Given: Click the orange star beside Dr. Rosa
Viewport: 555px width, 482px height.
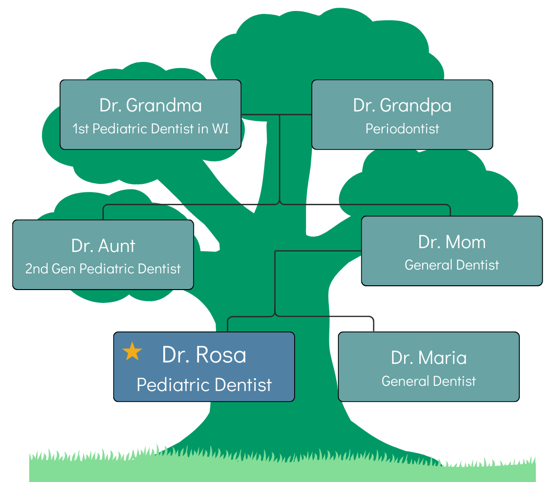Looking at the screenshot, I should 132,351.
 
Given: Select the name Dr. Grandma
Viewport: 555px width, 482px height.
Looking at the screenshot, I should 150,105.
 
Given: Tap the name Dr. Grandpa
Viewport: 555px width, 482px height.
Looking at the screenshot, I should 402,105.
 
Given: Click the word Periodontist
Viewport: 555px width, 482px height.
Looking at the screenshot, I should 402,129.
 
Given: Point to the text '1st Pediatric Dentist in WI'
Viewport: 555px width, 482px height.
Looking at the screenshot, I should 150,129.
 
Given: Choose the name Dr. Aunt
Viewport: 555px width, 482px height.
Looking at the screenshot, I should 103,246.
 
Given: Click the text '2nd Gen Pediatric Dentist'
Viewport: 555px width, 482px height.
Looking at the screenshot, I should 103,269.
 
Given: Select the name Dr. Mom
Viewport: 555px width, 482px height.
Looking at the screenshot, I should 452,242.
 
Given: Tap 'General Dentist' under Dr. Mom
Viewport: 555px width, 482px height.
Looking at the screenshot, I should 452,265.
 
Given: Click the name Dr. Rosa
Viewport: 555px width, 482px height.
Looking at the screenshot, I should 204,355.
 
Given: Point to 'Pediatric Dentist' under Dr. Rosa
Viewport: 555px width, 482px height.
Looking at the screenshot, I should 204,385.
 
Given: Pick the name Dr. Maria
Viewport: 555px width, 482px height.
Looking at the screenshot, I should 428,358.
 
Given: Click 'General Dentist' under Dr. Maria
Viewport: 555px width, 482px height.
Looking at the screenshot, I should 428,381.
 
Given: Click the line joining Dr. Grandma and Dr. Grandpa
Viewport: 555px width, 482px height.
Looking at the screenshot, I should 276,114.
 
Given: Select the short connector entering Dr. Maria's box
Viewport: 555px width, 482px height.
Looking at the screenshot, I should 374,325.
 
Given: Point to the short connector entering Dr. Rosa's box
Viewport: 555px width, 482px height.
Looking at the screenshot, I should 228,325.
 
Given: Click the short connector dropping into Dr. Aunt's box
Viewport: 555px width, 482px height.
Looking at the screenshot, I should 103,213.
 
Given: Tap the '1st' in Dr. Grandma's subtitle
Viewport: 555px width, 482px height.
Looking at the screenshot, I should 81,129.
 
